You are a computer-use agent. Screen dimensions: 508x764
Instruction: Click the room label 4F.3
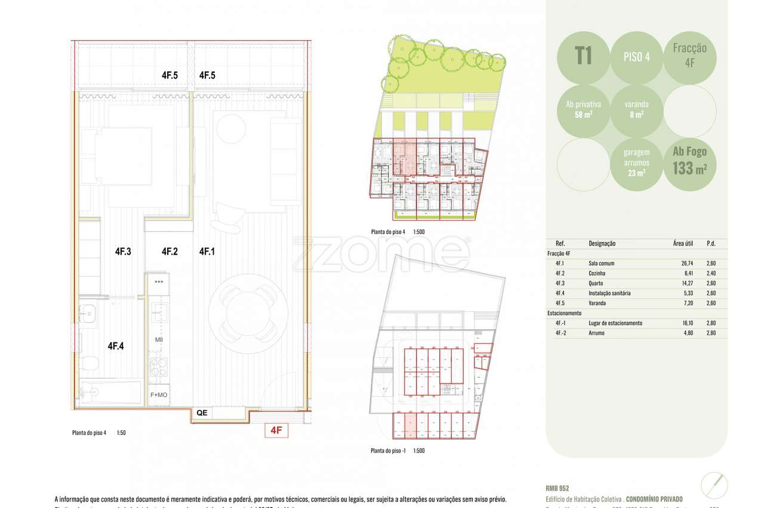[x=123, y=252]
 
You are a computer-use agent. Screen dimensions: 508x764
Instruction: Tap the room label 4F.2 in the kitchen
[x=170, y=252]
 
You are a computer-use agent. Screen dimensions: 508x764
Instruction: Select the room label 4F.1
[x=207, y=252]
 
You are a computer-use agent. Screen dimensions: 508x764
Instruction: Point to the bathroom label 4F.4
[x=116, y=345]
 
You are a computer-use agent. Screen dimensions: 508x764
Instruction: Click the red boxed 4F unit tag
[x=276, y=430]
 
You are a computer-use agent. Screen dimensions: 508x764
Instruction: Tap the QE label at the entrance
[x=202, y=412]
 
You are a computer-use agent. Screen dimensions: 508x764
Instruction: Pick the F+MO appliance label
[x=159, y=395]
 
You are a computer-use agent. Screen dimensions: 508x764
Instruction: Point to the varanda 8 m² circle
[x=636, y=109]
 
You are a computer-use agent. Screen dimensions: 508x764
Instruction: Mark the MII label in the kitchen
[x=159, y=340]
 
